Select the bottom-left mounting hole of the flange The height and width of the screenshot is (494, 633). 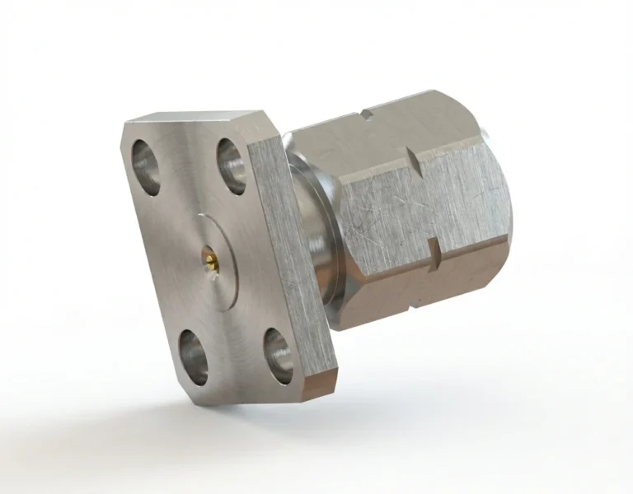[193, 357]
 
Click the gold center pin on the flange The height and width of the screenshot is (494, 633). [212, 263]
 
